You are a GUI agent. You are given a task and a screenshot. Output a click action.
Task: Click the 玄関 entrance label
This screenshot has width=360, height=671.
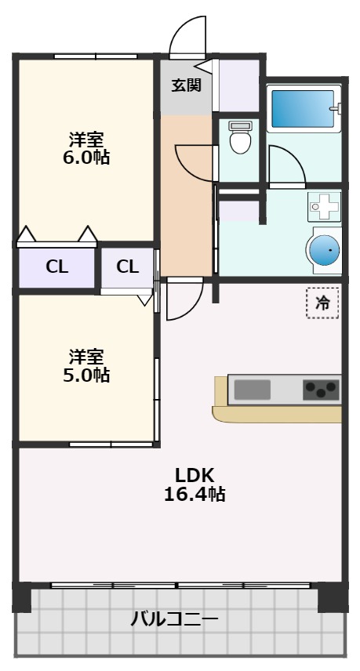pos(187,85)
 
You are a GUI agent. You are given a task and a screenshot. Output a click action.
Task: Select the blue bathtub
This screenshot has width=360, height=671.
pos(302,109)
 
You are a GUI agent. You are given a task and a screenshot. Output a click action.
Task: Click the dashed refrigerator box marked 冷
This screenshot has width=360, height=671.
pos(322,303)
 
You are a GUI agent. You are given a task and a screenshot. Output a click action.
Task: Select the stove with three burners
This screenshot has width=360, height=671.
pos(321,390)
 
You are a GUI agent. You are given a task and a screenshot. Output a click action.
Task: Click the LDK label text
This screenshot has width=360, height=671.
pos(195,475)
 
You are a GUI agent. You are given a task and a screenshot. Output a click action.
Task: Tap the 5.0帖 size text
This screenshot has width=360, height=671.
pos(86,375)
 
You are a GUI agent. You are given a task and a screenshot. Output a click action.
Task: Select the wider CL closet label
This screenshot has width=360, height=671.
pos(56,267)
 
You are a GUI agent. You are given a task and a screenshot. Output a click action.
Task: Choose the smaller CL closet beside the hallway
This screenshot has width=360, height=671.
pos(127,267)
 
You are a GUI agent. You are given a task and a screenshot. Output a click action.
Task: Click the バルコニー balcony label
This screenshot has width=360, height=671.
pos(174,620)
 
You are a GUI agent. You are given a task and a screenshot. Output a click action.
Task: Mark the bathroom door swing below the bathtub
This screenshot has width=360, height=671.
pos(285,166)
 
